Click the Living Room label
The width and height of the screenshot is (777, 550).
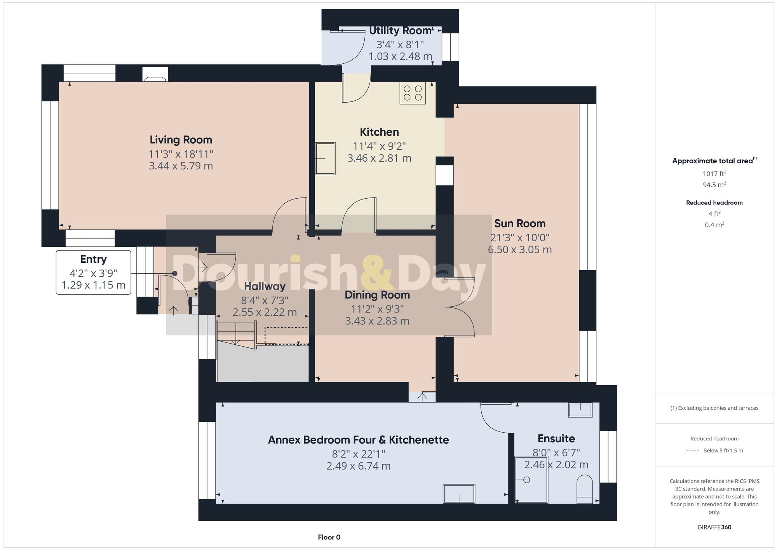pos(181,140)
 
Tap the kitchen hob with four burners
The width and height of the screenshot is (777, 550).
pos(413,93)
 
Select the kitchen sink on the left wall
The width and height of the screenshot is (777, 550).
pos(325,158)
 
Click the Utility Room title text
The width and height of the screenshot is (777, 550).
pos(400,31)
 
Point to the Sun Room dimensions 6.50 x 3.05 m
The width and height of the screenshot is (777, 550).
pos(519,250)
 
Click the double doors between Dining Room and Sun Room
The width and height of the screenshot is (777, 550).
pos(460,307)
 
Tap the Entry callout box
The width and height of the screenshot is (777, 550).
pos(93,272)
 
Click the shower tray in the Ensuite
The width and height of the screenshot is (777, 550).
pos(531,480)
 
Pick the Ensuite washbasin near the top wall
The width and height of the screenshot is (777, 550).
pos(580,410)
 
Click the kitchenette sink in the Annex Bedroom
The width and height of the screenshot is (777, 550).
pos(459,494)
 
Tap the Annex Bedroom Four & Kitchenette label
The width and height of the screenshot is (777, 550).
pos(358,440)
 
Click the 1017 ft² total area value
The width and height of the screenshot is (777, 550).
pos(714,174)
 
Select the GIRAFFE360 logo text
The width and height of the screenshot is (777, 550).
pos(714,527)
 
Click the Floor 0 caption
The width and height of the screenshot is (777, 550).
pos(329,537)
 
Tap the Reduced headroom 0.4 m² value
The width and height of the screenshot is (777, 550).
pos(714,225)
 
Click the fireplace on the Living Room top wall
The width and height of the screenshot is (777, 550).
pos(155,74)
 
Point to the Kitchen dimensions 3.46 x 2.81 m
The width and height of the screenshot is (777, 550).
pos(379,158)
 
